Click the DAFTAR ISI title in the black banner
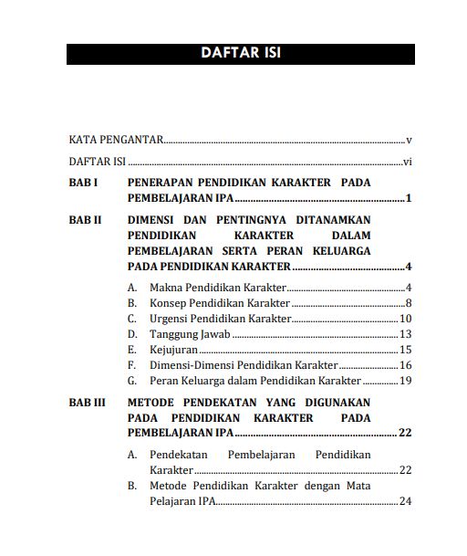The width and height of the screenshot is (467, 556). pos(240,53)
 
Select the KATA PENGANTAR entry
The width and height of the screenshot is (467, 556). pos(116,141)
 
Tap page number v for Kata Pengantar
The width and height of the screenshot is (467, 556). pos(410,141)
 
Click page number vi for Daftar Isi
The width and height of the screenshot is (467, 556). pos(409,162)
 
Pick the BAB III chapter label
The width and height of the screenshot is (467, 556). pos(88,402)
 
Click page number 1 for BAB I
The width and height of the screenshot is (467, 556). pos(410,198)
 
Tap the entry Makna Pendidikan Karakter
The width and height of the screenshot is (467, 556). pos(206,288)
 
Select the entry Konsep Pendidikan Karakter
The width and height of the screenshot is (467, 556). pos(208,303)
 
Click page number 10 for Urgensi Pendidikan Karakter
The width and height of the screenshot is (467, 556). pos(406,319)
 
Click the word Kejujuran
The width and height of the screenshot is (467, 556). pos(173,350)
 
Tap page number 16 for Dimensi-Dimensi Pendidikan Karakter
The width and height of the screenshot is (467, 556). pos(406,365)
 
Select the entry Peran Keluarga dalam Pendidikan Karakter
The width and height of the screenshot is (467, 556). pos(255,381)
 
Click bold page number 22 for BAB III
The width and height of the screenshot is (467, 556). pos(406,433)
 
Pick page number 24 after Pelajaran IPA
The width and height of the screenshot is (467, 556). pos(406,501)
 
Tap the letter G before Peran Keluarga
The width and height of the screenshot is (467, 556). pos(132,381)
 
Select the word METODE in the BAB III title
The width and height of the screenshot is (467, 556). pos(152,402)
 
